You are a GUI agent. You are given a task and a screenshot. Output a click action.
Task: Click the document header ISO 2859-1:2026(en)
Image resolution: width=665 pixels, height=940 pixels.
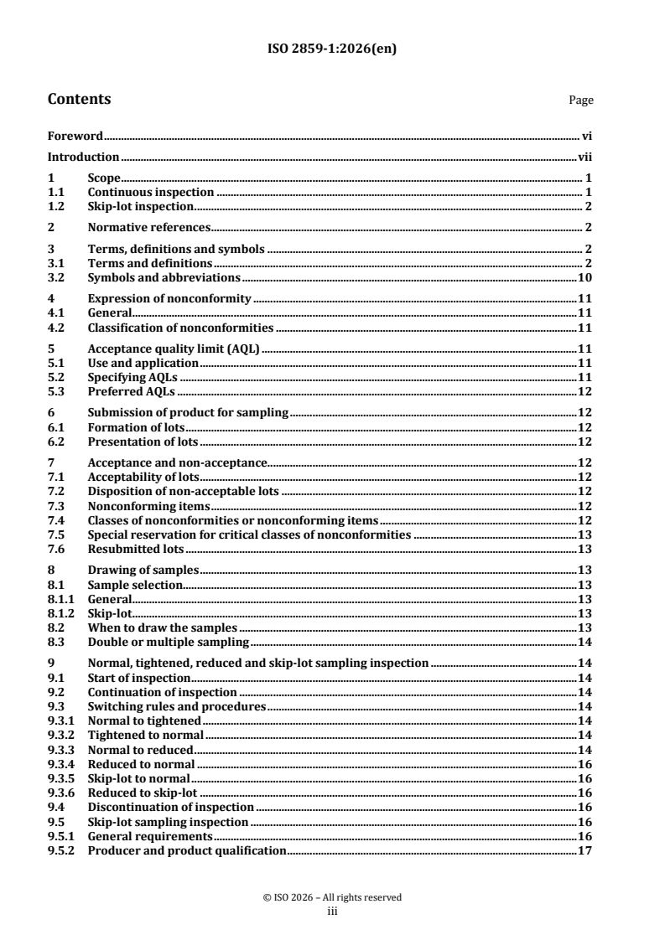coord(332,48)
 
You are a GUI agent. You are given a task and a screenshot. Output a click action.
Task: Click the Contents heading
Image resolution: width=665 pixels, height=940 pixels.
coord(79,99)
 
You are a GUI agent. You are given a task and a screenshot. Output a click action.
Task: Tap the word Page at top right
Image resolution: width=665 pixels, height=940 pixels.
coord(581,101)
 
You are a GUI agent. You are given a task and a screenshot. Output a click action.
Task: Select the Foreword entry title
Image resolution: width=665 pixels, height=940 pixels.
coord(75,135)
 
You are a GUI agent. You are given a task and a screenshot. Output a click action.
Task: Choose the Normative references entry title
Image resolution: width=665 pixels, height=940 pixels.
coord(148,227)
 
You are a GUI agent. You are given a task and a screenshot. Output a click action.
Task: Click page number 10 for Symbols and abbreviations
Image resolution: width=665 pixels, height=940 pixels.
coord(586,276)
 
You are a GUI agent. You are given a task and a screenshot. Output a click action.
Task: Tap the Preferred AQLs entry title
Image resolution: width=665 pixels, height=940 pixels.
coord(130,391)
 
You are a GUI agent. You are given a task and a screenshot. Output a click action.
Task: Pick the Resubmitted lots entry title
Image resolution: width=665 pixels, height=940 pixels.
coord(136,549)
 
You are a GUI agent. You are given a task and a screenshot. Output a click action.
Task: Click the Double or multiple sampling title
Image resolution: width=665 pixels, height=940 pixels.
coord(169,642)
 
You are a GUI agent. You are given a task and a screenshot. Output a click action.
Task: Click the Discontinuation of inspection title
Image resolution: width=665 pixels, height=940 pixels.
coord(170,807)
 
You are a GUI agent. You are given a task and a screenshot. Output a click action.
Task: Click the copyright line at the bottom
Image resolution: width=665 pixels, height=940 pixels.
coord(332,897)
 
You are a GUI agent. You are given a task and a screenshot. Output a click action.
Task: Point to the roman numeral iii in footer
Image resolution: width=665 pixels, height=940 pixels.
coord(332,909)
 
